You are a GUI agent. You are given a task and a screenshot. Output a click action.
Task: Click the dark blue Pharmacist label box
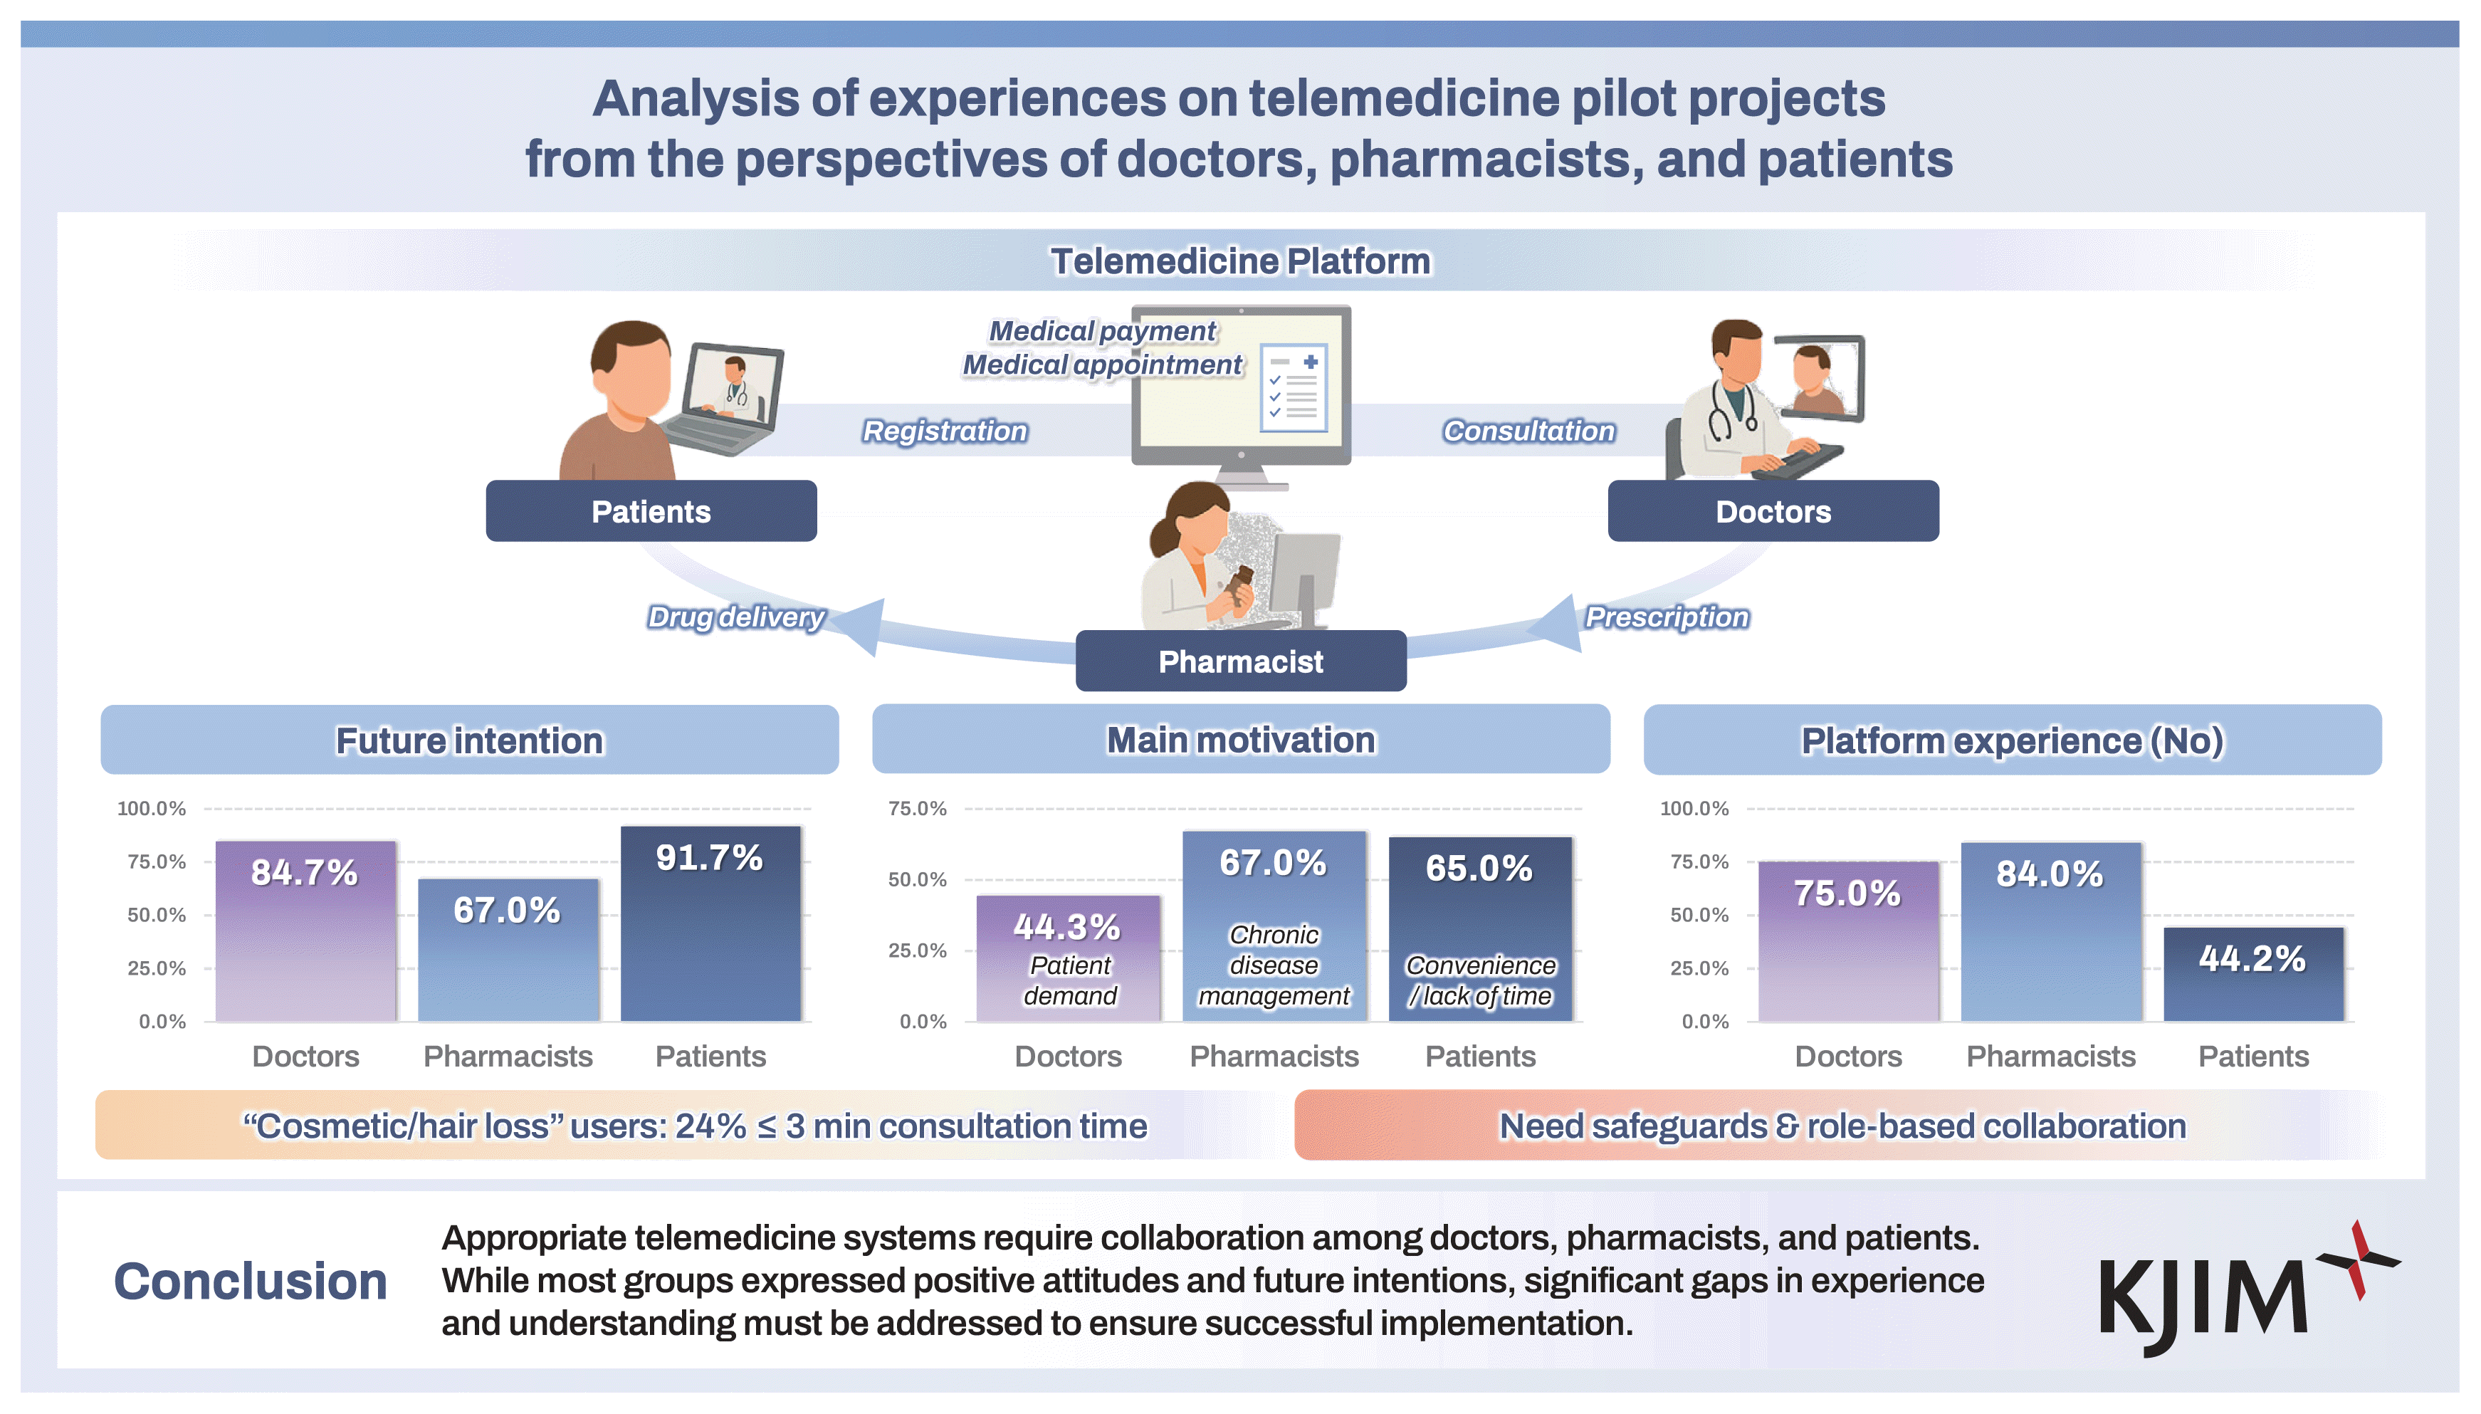pos(1240,661)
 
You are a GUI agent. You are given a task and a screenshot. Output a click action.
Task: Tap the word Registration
pos(944,430)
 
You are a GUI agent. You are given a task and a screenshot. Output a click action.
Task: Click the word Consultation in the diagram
pos(1528,430)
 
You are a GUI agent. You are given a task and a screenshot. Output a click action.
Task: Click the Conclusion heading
pos(251,1281)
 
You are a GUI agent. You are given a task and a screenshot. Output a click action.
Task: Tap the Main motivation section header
pos(1240,740)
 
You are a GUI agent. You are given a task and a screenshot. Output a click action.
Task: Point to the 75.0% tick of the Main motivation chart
pos(917,808)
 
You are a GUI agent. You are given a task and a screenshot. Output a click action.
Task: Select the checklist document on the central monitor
pos(1294,387)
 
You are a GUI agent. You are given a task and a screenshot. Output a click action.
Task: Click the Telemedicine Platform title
pos(1240,261)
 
